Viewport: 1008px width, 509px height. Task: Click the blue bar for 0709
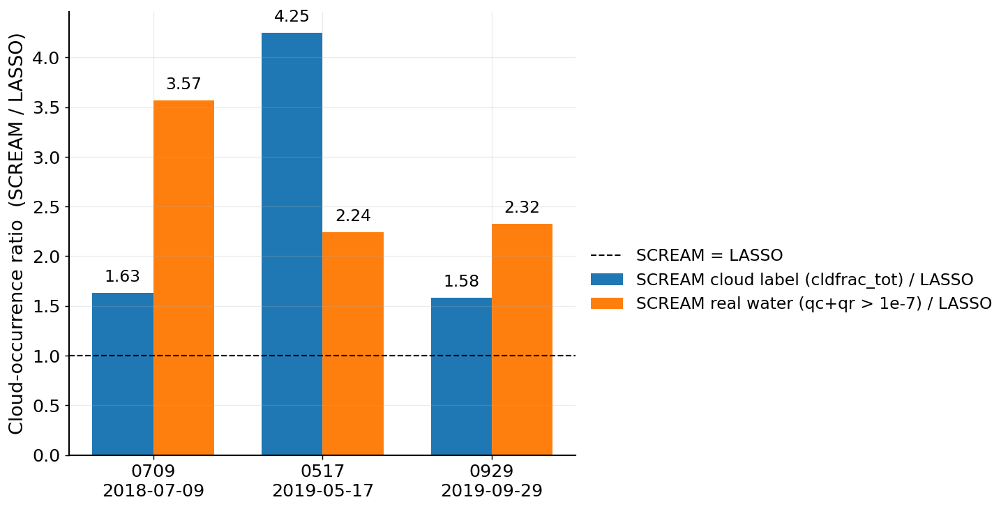click(x=123, y=374)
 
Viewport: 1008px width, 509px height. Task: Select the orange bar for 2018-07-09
click(x=183, y=278)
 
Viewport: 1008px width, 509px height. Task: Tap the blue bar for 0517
click(x=292, y=244)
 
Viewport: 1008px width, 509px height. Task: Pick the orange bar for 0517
click(x=353, y=344)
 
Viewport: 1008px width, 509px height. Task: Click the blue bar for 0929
click(x=461, y=377)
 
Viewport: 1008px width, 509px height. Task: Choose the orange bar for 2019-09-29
click(x=522, y=340)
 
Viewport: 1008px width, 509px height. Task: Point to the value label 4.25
click(x=292, y=17)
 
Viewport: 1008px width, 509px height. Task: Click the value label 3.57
click(x=183, y=84)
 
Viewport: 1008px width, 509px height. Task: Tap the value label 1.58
click(x=461, y=282)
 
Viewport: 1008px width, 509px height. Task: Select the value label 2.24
click(x=353, y=216)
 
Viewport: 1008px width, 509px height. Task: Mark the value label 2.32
click(x=522, y=208)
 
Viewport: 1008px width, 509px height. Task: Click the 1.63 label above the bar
click(x=122, y=277)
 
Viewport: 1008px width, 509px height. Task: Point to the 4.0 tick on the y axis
click(x=46, y=58)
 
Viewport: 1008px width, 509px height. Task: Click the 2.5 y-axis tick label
click(x=46, y=207)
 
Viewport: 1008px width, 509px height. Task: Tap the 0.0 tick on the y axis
click(x=46, y=456)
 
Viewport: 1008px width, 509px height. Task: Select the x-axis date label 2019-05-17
click(x=323, y=491)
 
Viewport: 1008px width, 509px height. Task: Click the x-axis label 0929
click(x=492, y=471)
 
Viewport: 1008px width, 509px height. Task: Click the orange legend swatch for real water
click(x=607, y=303)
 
